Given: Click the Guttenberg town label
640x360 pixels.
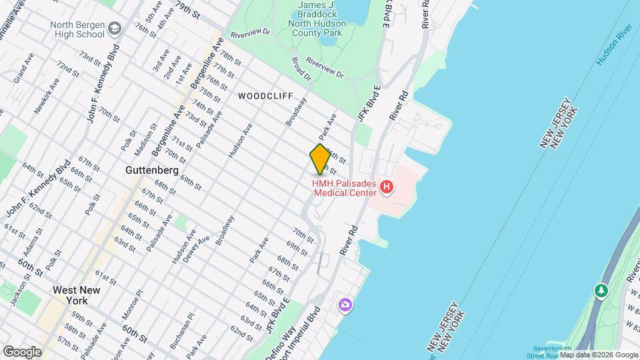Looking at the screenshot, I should click(152, 171).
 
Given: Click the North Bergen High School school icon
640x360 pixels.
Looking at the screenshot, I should click(115, 29).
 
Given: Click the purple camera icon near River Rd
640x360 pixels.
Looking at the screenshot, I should click(345, 305).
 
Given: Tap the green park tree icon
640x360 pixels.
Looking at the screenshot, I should click(601, 291).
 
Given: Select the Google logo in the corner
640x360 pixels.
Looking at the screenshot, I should click(22, 351).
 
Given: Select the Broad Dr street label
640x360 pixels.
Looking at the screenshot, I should click(301, 69).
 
